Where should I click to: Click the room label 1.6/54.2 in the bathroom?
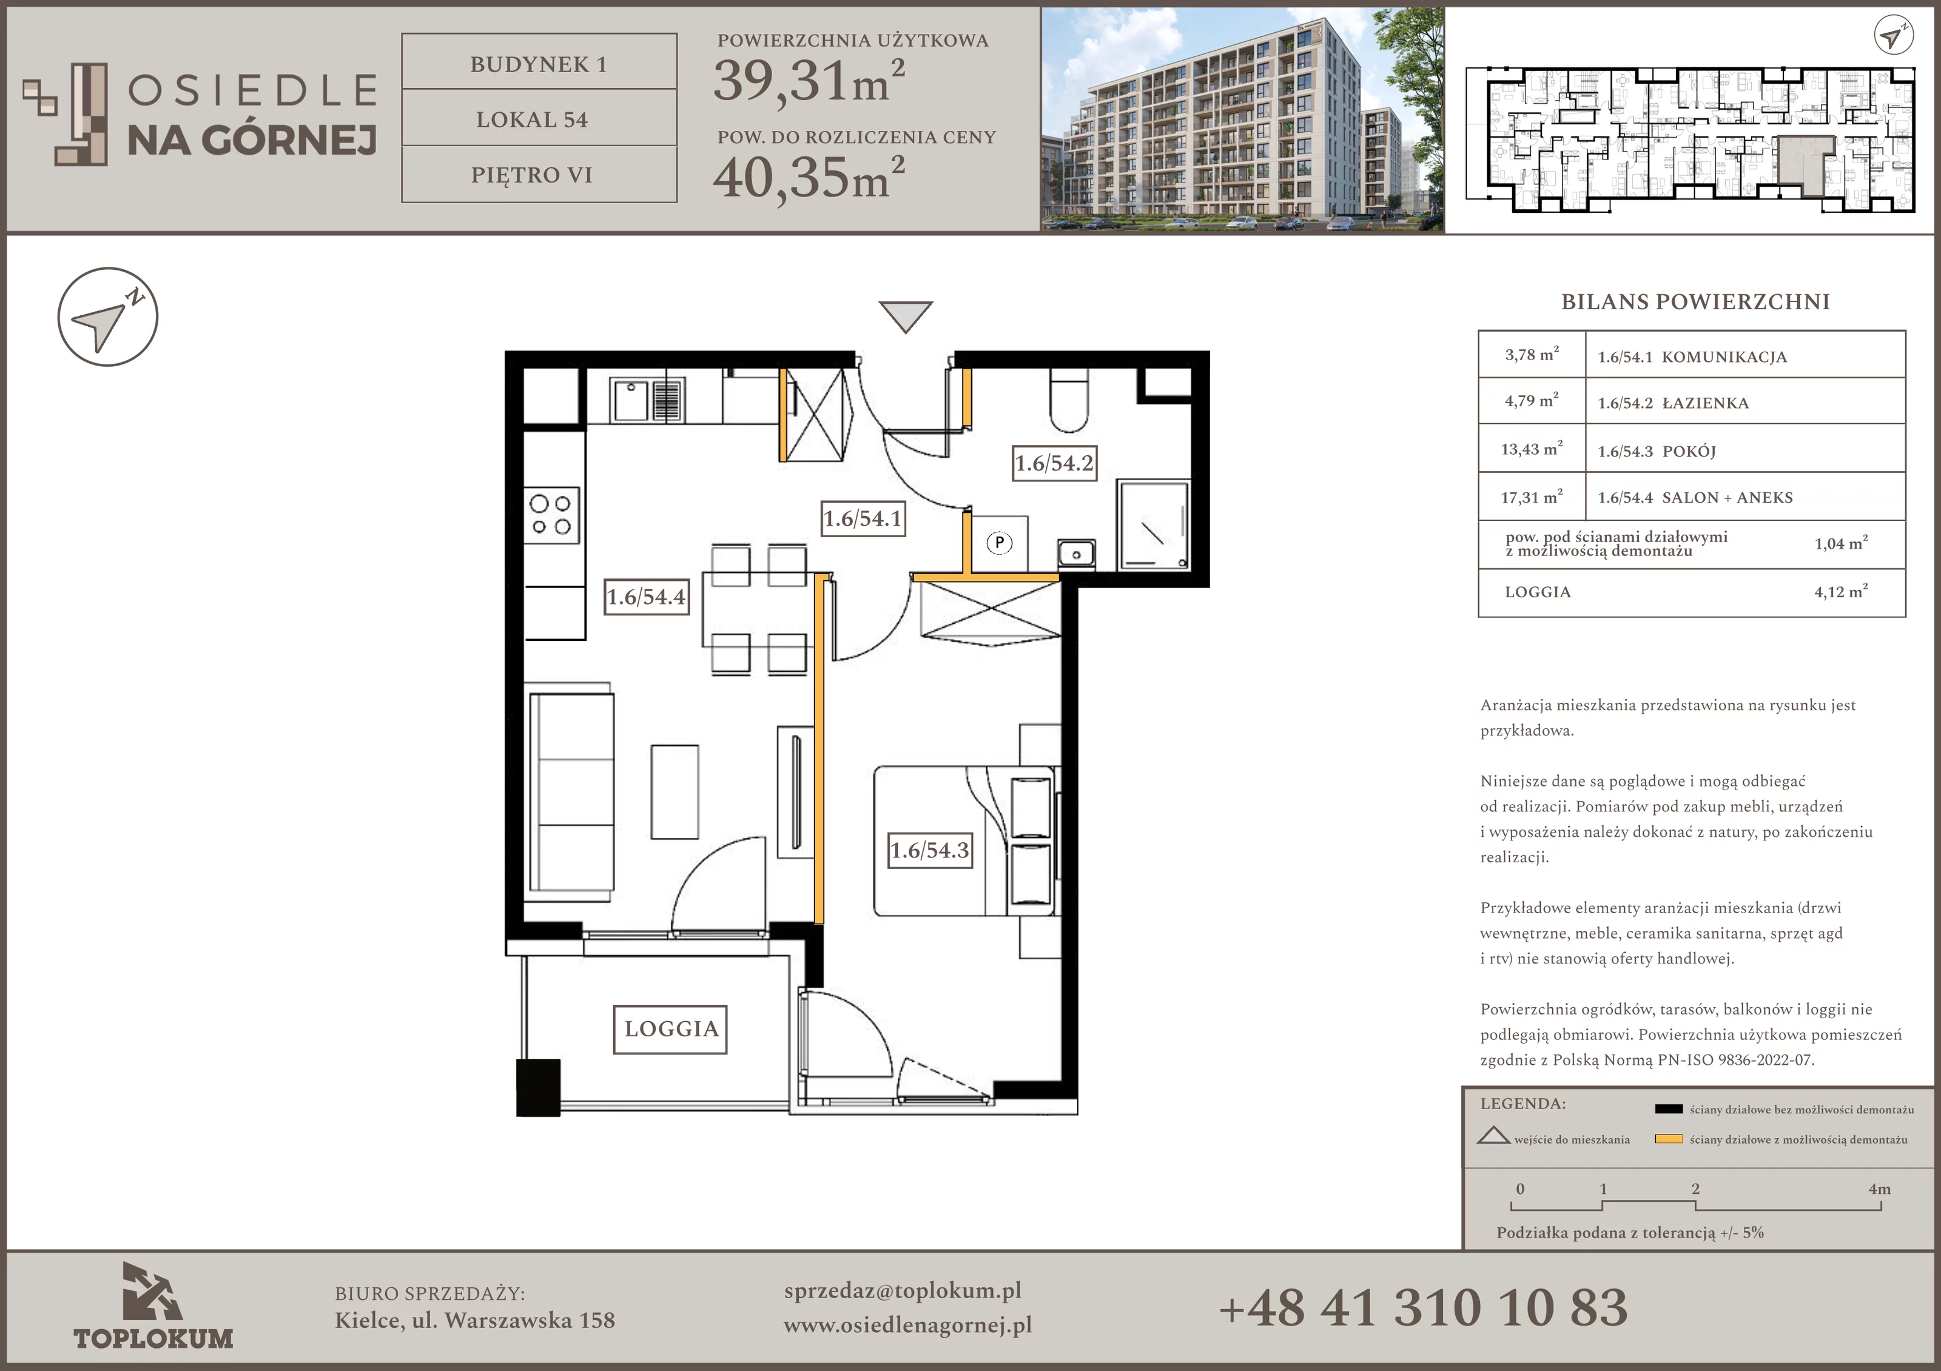click(x=1054, y=463)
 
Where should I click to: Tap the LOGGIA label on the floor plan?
click(x=670, y=1028)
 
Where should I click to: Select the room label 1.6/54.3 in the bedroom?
click(x=930, y=850)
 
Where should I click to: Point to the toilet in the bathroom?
click(x=1069, y=401)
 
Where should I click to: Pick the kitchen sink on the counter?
click(x=648, y=400)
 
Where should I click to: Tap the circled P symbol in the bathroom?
click(x=999, y=543)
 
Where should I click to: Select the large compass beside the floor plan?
click(x=107, y=317)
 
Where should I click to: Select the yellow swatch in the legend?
click(x=1668, y=1139)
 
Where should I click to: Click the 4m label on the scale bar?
click(x=1879, y=1188)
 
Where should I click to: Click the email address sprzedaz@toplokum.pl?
click(x=903, y=1291)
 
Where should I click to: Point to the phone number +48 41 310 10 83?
click(x=1423, y=1307)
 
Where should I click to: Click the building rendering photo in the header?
click(x=1242, y=119)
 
